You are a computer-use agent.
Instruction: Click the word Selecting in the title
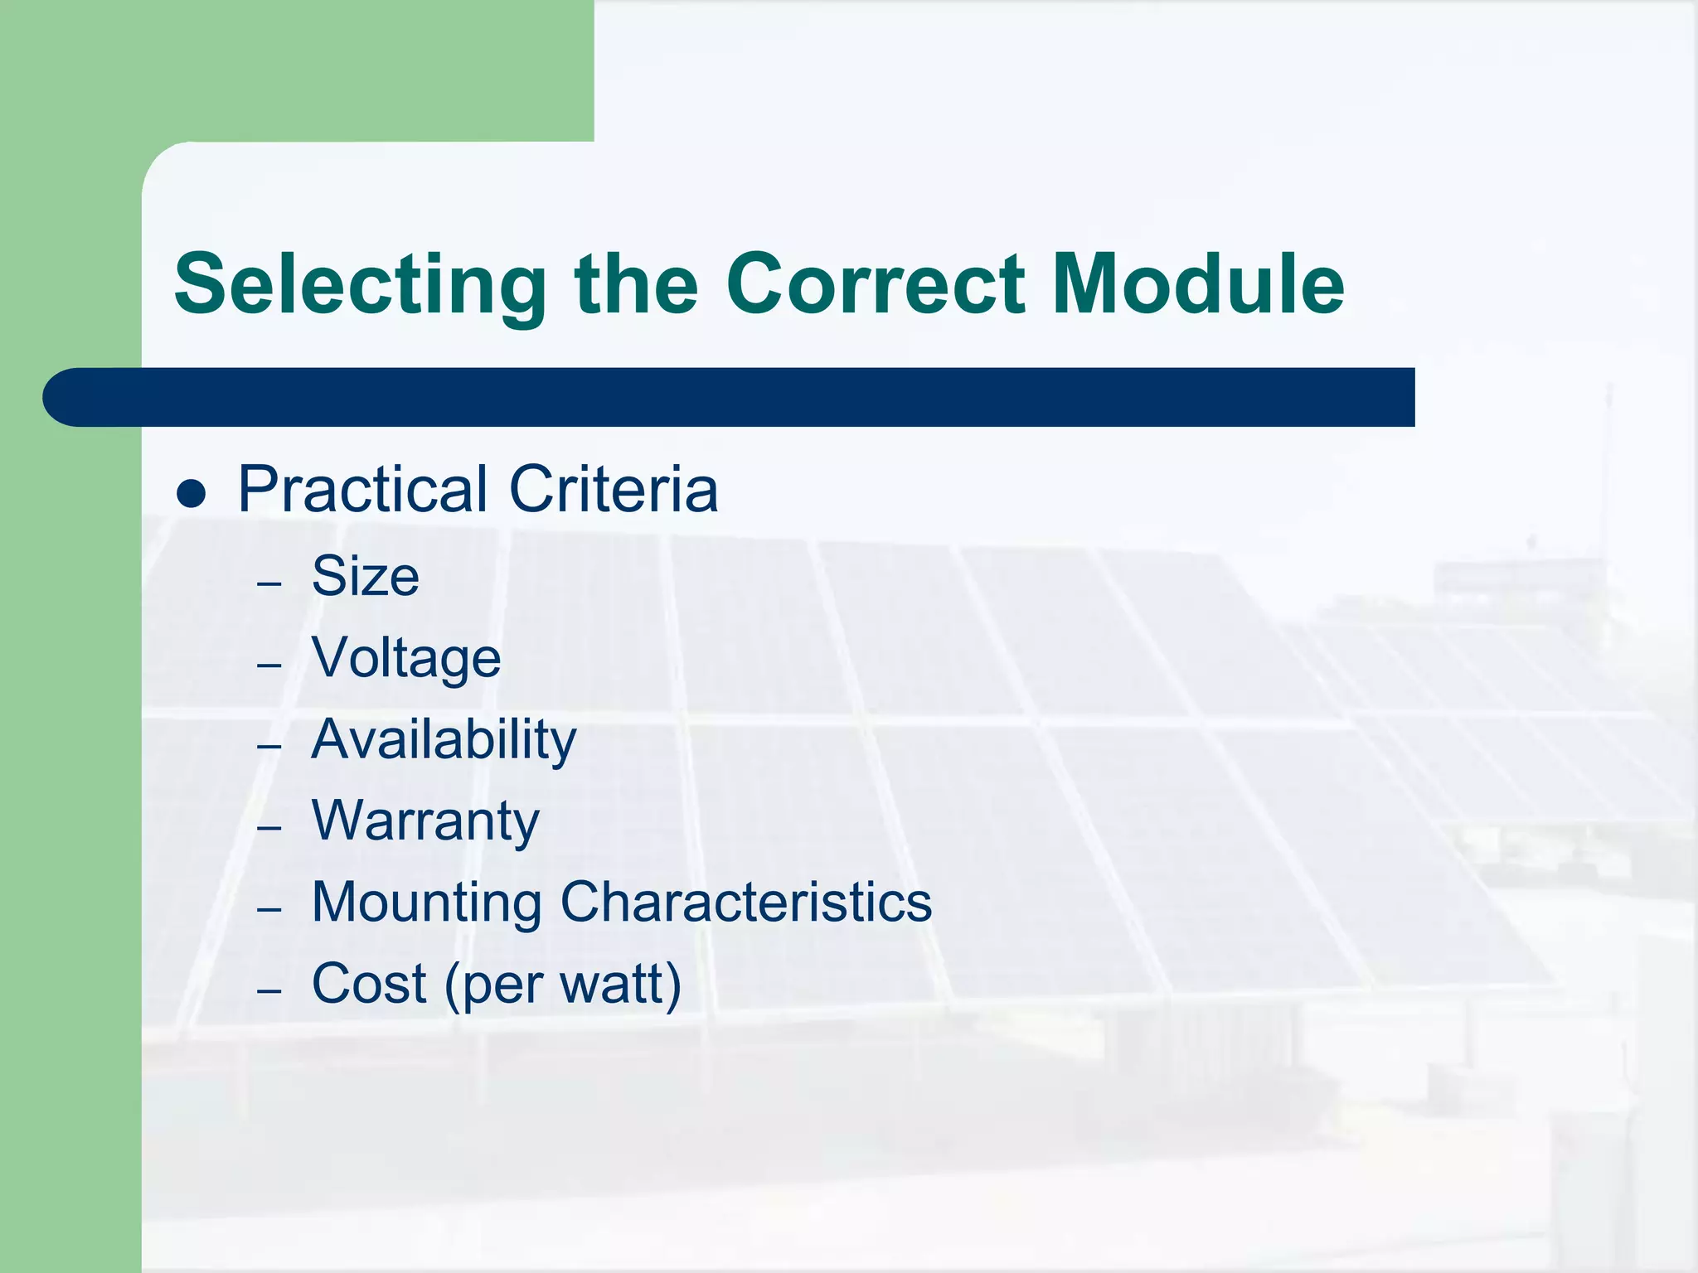[359, 286]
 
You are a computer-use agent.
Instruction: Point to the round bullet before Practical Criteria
[192, 494]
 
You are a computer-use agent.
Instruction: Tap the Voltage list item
[405, 657]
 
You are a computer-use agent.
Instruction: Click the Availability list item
[443, 739]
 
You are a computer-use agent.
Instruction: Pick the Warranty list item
[424, 820]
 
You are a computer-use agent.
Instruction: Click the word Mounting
[426, 903]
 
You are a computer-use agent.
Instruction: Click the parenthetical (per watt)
[563, 985]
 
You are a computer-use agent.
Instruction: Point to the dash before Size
[269, 584]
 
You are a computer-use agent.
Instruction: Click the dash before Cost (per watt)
[269, 991]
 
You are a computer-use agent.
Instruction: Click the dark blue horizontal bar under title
[730, 397]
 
